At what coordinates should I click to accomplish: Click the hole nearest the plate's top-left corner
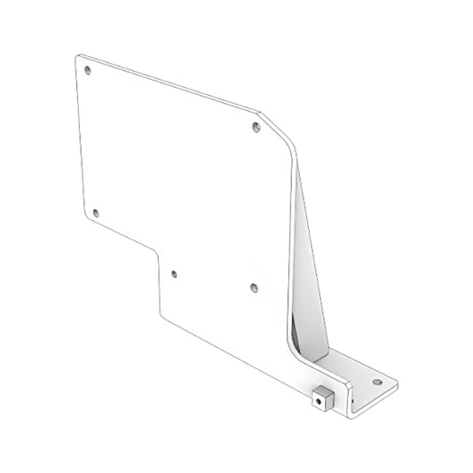[87, 70]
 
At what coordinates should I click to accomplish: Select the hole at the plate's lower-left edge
[97, 213]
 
